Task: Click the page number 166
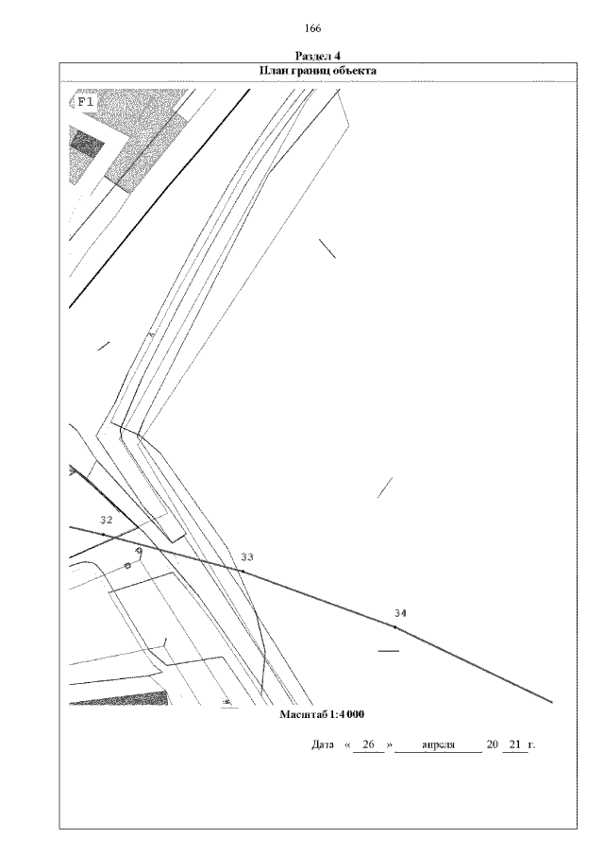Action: coord(313,28)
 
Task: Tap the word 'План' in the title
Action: coord(274,71)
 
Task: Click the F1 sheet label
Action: coord(85,100)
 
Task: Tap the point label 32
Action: coord(107,521)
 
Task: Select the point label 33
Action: coord(247,557)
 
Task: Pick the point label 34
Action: coord(400,614)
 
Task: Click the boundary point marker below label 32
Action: coord(104,535)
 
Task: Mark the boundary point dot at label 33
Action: coord(242,572)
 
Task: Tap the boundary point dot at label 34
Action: coord(394,626)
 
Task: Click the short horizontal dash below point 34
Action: coord(388,652)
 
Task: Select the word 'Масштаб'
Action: coord(300,713)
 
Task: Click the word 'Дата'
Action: coord(323,745)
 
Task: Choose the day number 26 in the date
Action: coord(369,745)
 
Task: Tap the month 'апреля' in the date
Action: coord(440,745)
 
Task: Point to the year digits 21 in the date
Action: coord(514,745)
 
